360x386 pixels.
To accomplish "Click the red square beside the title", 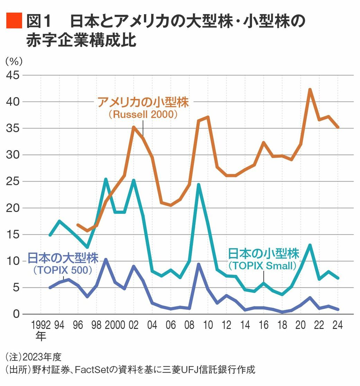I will coord(14,21).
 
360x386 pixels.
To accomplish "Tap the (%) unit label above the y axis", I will coord(14,61).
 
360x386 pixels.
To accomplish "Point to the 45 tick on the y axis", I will coord(14,75).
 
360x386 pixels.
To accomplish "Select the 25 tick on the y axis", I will coord(14,182).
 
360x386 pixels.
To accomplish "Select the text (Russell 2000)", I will coord(143,114).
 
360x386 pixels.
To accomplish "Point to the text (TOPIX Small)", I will coord(263,266).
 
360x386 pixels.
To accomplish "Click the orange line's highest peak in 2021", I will coord(310,89).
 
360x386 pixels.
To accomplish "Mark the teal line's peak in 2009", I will coord(199,184).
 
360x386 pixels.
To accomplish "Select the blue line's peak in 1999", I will coord(106,259).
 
